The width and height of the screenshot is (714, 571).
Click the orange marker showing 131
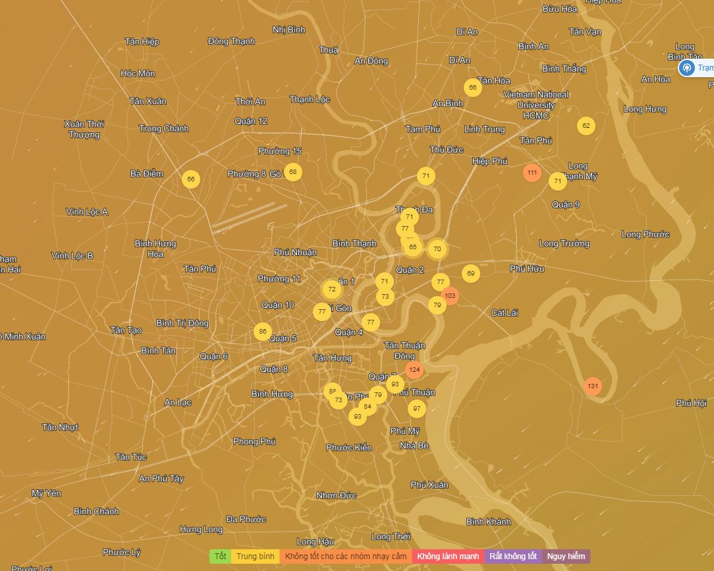[593, 386]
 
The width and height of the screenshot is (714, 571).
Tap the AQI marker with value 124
[414, 370]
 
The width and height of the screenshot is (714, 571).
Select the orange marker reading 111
[532, 173]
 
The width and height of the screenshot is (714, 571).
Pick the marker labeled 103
[450, 296]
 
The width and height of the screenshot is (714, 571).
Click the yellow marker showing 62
[586, 126]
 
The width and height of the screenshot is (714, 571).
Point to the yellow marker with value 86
[263, 332]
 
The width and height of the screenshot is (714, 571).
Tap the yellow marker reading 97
[416, 409]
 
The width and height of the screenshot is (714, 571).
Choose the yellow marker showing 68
[293, 172]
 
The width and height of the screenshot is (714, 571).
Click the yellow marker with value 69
[470, 274]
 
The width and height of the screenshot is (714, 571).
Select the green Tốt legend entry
[220, 556]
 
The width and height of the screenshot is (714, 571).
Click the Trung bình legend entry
[256, 556]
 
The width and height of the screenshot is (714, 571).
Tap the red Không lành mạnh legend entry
[448, 556]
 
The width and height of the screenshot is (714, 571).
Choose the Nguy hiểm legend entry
[566, 556]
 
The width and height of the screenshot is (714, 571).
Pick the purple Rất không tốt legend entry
[513, 556]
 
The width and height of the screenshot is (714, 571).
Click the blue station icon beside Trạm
[686, 68]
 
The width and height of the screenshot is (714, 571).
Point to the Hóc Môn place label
[138, 73]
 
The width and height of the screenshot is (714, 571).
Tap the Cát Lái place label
[505, 313]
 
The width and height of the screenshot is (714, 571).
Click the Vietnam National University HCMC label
[536, 105]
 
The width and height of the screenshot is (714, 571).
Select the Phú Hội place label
[691, 403]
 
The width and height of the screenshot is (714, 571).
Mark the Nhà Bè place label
[414, 446]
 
